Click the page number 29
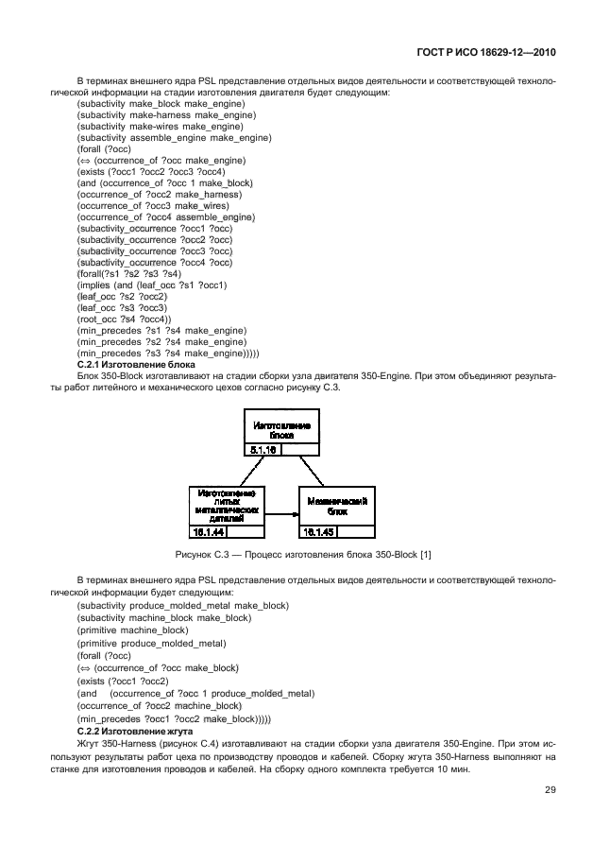coord(550,791)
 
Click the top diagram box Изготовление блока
coord(281,430)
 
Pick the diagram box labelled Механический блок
coord(337,504)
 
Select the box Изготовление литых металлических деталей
coord(227,506)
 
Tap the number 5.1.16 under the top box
coord(263,450)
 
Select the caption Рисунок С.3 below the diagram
coord(304,553)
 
